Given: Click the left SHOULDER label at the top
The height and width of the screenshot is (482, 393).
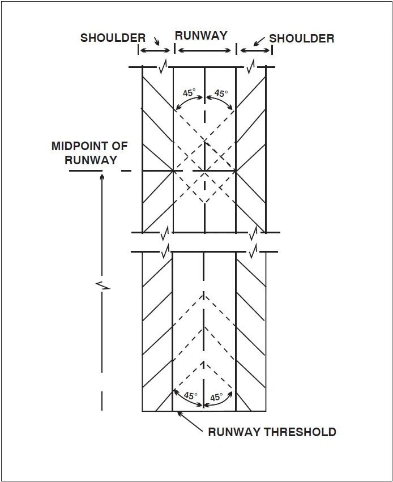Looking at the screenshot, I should pyautogui.click(x=113, y=38).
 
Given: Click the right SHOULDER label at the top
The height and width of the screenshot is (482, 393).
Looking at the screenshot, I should pyautogui.click(x=301, y=39).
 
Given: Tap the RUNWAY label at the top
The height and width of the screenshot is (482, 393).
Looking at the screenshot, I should pyautogui.click(x=201, y=35).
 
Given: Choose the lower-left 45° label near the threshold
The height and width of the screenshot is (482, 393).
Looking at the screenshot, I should pyautogui.click(x=191, y=396).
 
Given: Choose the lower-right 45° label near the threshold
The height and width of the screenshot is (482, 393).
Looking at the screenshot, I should pyautogui.click(x=217, y=397).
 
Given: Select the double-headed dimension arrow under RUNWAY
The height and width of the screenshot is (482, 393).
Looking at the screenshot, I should pyautogui.click(x=204, y=50).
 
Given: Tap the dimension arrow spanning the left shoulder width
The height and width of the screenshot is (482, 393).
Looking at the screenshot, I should pyautogui.click(x=155, y=50).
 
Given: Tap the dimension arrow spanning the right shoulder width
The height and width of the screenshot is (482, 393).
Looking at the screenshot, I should pyautogui.click(x=255, y=50).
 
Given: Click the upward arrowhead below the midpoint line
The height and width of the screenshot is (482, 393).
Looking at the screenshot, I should pyautogui.click(x=102, y=177).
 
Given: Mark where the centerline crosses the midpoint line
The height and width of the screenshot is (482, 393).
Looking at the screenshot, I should pyautogui.click(x=204, y=170).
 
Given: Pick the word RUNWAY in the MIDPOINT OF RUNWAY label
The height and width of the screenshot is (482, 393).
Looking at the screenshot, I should pyautogui.click(x=91, y=160).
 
